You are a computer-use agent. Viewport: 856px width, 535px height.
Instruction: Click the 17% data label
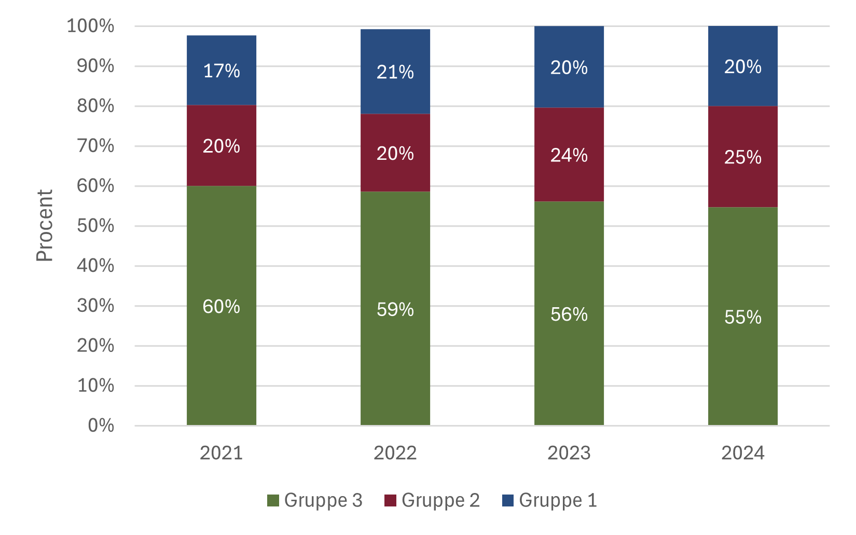(x=222, y=71)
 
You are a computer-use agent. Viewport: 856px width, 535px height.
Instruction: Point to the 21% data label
(x=395, y=72)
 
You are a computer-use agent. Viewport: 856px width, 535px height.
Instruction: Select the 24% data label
(x=569, y=155)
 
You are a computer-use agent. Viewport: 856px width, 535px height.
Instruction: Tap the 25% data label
(x=743, y=157)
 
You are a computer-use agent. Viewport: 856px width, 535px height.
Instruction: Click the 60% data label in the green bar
(x=222, y=307)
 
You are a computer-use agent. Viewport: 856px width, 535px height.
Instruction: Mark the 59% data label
(x=395, y=310)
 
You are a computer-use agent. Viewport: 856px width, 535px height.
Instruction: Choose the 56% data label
(x=569, y=314)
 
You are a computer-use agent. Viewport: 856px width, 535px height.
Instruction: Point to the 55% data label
(x=743, y=317)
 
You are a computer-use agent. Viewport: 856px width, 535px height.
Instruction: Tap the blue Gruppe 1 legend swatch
(x=508, y=500)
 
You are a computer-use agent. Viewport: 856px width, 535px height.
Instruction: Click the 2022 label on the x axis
(x=395, y=453)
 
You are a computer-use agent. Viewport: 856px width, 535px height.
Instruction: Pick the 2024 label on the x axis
(x=743, y=453)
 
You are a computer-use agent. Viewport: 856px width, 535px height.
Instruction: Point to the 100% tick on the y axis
(x=91, y=26)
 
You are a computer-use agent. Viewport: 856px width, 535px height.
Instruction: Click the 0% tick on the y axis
(x=101, y=426)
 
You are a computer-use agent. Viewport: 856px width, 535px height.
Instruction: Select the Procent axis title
(x=45, y=226)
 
